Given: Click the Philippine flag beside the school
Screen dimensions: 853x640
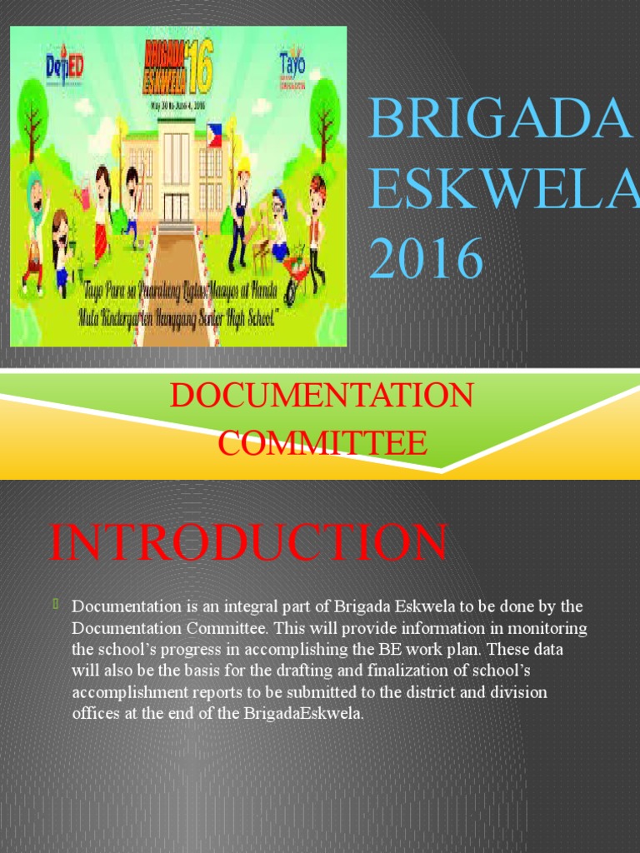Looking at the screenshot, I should [215, 136].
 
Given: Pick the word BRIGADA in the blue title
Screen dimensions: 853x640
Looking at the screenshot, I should [499, 119].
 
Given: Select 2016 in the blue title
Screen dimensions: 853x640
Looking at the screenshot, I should [427, 258].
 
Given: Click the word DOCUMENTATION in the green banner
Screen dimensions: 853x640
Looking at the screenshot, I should [322, 395].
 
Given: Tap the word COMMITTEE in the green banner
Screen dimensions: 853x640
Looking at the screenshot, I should [322, 442].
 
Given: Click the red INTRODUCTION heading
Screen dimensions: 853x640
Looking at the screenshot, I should [248, 542].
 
